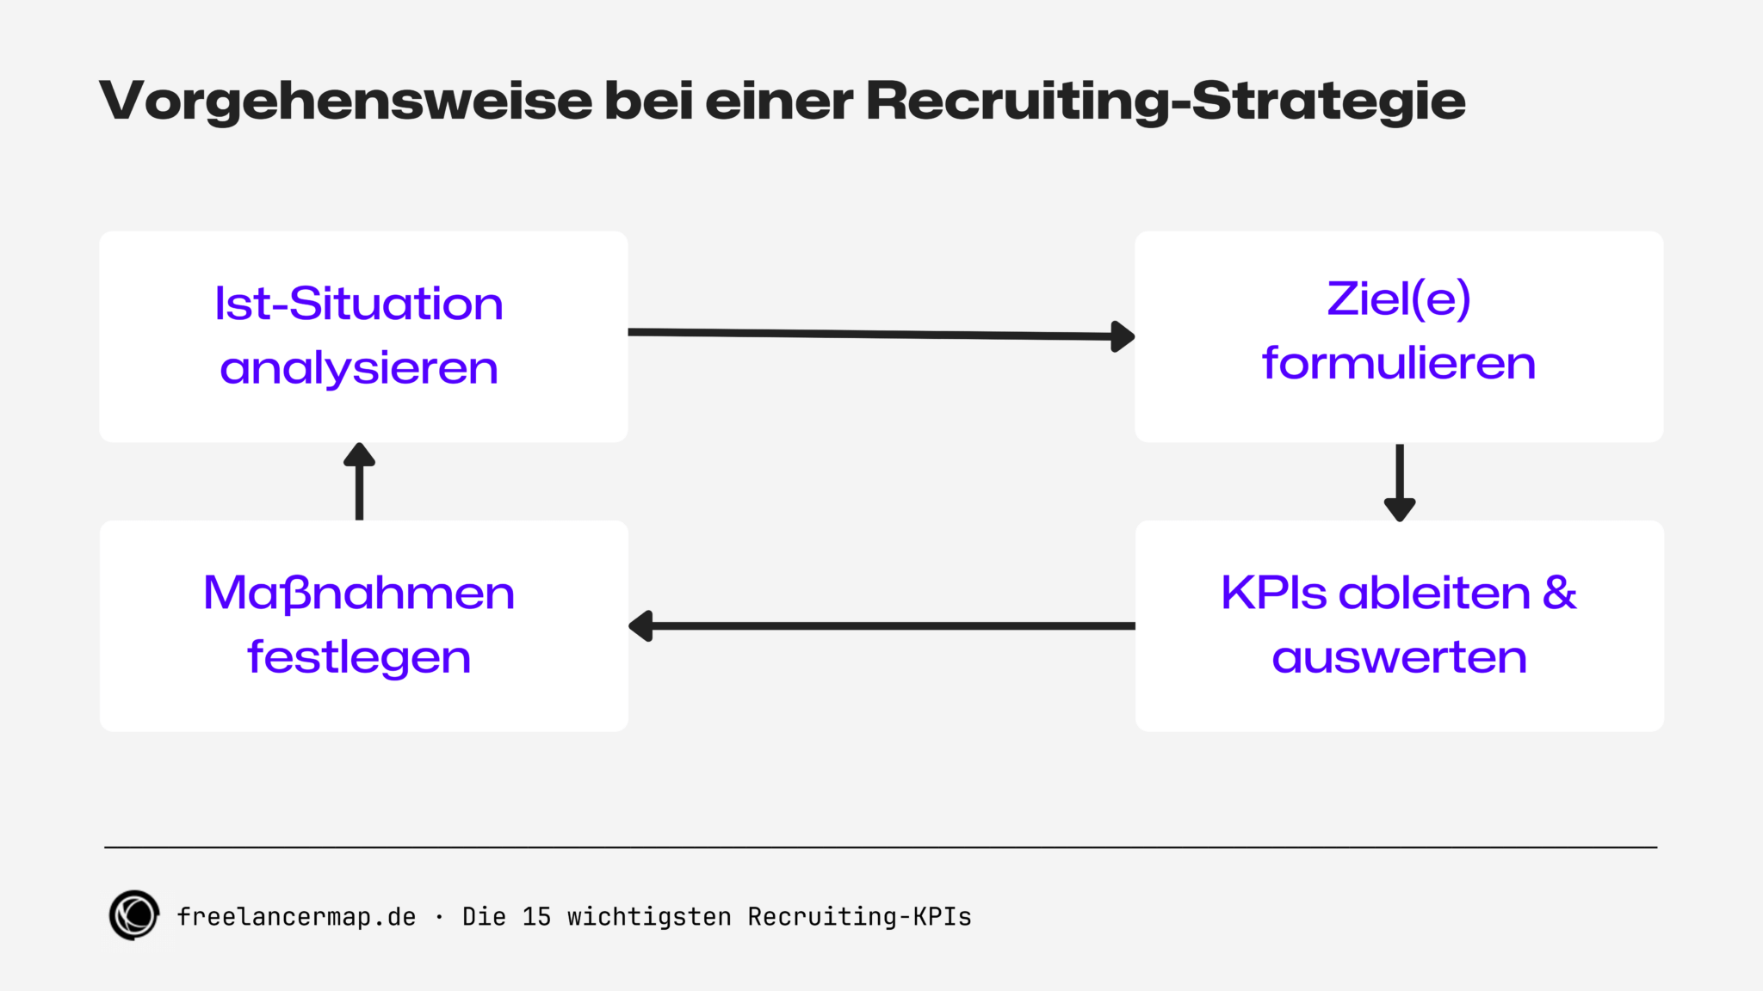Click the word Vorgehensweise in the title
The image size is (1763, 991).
(345, 102)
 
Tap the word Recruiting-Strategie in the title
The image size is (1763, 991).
(1166, 102)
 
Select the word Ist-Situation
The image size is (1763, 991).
(359, 304)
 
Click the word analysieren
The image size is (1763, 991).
(359, 368)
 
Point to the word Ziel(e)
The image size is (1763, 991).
(1399, 299)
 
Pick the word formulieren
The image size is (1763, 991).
(1399, 363)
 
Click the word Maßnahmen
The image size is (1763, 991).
(359, 593)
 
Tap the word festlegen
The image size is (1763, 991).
(359, 657)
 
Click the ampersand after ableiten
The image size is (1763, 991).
(1559, 593)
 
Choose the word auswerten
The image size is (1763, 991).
(1399, 657)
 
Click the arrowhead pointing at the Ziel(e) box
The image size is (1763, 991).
(1123, 336)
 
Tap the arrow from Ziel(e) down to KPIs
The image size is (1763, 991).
(1400, 482)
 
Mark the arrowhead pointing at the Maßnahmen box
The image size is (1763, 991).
(641, 625)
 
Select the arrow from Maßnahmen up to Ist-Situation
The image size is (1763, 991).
(359, 482)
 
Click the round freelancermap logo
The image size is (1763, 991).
(134, 915)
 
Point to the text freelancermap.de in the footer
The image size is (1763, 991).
(296, 917)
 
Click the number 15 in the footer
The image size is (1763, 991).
(536, 917)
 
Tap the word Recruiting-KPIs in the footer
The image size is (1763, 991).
(859, 917)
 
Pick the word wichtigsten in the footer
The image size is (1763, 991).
(649, 917)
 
